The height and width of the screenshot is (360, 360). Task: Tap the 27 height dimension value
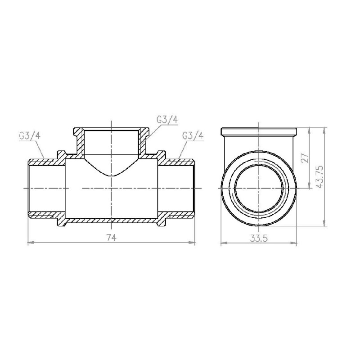304,158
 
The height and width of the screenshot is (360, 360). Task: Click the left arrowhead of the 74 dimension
30,243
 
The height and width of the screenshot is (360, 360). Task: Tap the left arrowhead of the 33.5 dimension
223,244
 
